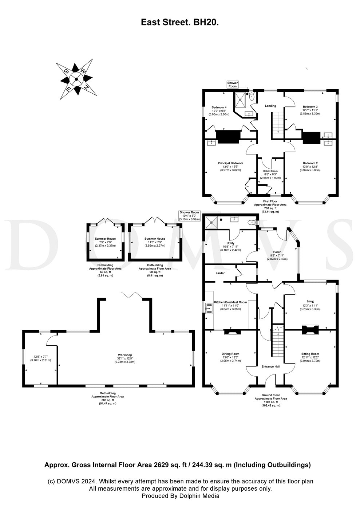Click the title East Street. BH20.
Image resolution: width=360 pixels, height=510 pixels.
pos(180,23)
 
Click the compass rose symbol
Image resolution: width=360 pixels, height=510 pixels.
pos(76,79)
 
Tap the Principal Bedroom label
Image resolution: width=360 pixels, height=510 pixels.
pos(230,163)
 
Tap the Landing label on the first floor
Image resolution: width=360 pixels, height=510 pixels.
pos(270,106)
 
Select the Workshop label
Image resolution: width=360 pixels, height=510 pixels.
pos(125,355)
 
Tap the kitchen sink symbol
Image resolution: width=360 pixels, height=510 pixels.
pos(209,308)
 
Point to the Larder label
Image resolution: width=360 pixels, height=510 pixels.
pos(220,273)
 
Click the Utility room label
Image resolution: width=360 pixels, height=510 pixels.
pos(230,243)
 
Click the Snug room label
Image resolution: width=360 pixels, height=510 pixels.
pos(310,302)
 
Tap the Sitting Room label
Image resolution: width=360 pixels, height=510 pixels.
pos(310,354)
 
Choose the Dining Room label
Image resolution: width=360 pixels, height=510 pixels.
pos(230,354)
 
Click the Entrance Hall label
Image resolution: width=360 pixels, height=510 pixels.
pos(270,366)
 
